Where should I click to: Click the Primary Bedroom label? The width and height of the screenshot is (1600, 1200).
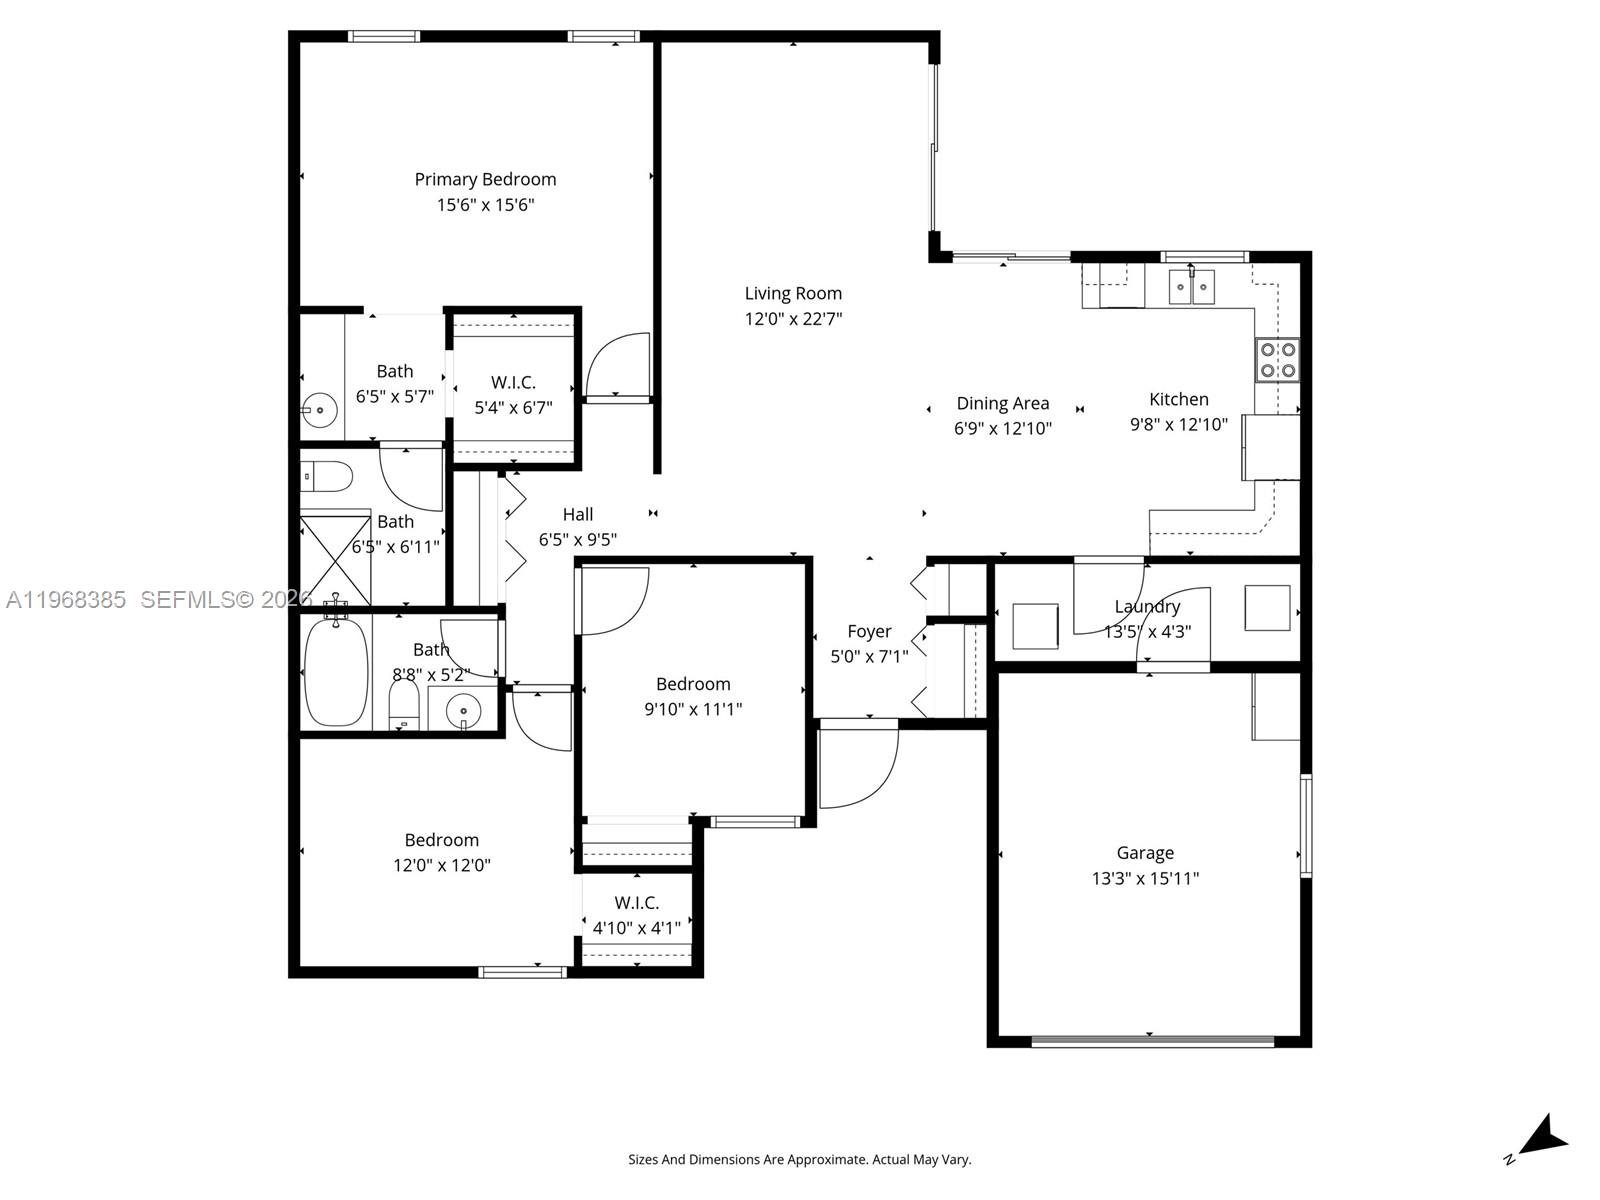click(485, 179)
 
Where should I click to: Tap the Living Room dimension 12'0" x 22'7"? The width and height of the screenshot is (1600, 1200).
click(793, 319)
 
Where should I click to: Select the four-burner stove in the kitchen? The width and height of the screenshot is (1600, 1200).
click(1277, 360)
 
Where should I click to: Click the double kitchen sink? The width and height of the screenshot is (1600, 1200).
click(1191, 287)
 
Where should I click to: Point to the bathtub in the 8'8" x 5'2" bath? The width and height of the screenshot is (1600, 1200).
click(336, 671)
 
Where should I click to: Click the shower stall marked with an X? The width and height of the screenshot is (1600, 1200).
click(336, 559)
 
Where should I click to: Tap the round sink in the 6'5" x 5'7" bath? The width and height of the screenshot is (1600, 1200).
click(320, 409)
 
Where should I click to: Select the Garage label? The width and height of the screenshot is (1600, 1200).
click(1145, 853)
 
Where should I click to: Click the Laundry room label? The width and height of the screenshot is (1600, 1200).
click(1147, 606)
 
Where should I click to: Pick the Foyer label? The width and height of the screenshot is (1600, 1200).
click(869, 631)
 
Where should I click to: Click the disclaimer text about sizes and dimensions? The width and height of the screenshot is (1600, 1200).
click(799, 1160)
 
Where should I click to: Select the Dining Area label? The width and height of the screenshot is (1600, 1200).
click(1002, 403)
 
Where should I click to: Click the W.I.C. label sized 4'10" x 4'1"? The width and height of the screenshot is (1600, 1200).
click(637, 902)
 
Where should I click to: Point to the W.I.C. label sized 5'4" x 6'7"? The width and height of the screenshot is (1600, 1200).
click(513, 382)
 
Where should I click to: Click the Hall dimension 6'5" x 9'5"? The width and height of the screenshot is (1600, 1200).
click(577, 540)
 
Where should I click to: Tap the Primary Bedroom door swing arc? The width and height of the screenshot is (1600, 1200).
click(617, 365)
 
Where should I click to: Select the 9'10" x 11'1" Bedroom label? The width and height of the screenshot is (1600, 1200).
click(693, 684)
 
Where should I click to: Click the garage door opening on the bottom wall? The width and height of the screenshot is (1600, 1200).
click(1152, 1041)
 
